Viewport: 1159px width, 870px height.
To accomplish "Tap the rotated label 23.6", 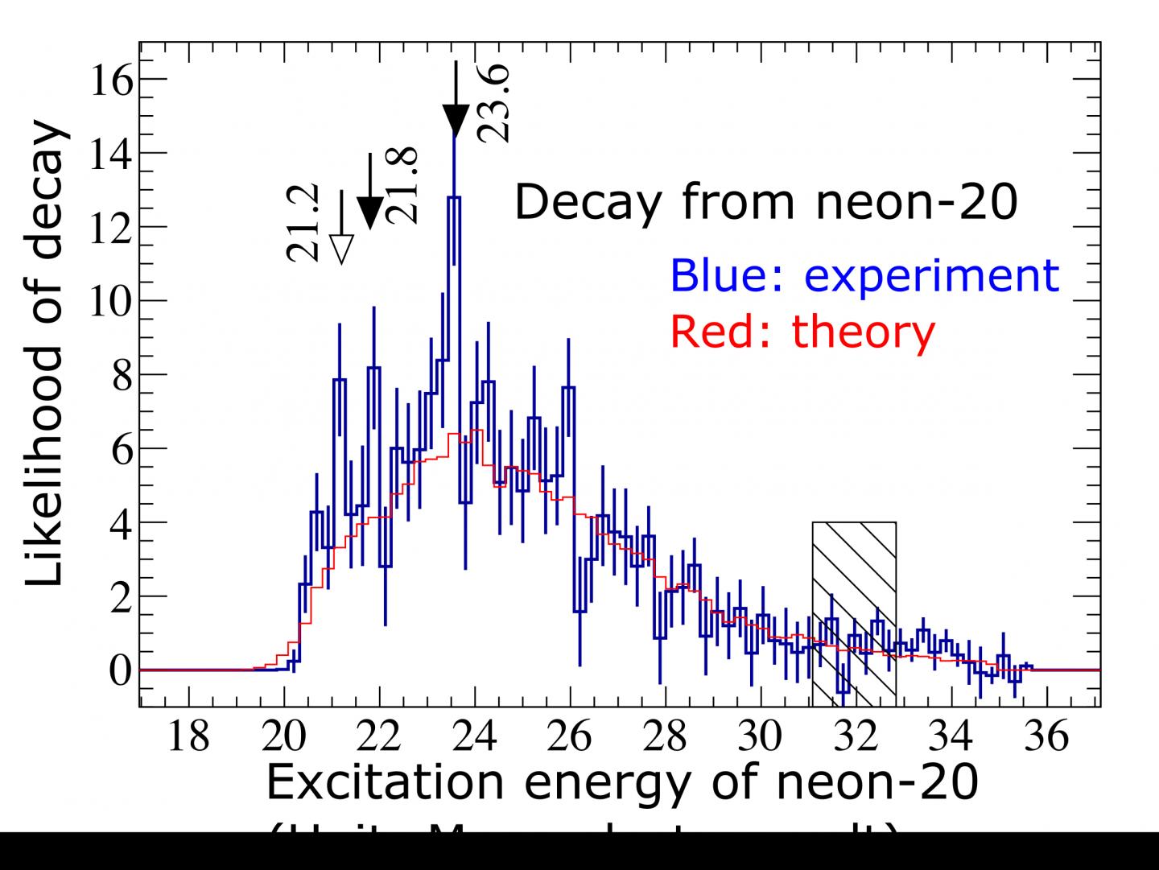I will point(493,104).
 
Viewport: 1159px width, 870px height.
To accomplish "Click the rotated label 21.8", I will point(401,184).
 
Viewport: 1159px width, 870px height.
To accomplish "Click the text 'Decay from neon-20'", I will point(765,202).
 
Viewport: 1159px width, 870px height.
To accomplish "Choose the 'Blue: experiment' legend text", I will point(864,275).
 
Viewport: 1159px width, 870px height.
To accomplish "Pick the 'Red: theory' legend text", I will point(802,330).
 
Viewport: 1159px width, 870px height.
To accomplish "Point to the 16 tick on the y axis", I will point(109,80).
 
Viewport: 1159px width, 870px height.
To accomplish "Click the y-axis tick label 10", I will point(109,301).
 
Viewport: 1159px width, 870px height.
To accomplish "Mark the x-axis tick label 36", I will point(1046,736).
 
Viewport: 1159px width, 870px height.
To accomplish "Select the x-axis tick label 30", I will point(761,736).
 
